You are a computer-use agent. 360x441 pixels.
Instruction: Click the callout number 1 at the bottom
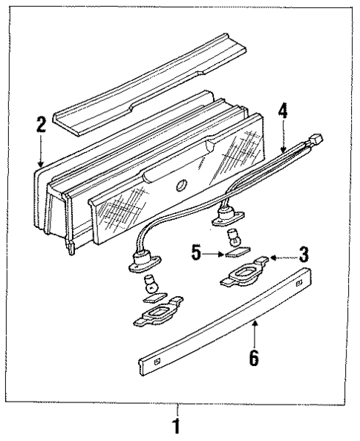click(x=177, y=428)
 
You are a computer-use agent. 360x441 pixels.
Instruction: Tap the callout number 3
click(x=303, y=255)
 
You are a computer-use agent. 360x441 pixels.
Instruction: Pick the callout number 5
click(x=196, y=253)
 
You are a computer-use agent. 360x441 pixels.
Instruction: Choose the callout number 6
click(x=253, y=358)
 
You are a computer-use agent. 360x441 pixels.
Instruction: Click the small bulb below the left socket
click(x=151, y=283)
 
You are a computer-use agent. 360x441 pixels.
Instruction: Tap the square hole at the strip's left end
click(x=156, y=362)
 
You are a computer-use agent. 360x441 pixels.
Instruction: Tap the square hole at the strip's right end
click(x=300, y=284)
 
